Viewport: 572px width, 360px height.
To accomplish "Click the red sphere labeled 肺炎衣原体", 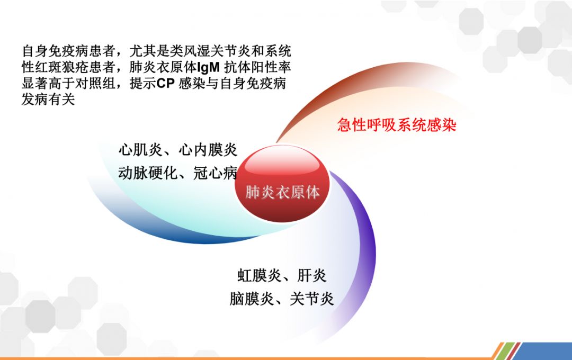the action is [282, 184].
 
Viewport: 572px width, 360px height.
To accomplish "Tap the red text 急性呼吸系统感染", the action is [397, 125].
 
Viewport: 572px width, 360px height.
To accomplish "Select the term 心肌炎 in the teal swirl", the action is [141, 150].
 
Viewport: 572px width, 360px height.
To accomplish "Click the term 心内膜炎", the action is [208, 150].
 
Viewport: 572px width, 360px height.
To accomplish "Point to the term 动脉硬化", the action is [148, 173].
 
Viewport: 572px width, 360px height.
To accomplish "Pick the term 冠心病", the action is [215, 173].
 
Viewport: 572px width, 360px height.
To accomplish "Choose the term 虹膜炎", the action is [260, 275].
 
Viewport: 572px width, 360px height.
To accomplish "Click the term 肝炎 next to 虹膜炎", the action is [311, 275].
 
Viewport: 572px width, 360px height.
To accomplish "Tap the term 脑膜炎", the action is [252, 299].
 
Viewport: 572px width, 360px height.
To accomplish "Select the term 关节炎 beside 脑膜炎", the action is [312, 299].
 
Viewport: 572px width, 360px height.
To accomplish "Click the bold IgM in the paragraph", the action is [208, 67].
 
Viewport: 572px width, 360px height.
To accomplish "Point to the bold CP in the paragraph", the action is [165, 84].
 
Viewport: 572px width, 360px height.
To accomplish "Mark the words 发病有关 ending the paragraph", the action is [48, 99].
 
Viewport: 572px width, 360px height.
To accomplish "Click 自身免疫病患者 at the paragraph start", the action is [68, 51].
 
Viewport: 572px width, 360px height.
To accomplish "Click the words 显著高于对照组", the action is [68, 84].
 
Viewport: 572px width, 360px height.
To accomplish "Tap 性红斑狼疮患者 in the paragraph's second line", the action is [68, 67].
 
